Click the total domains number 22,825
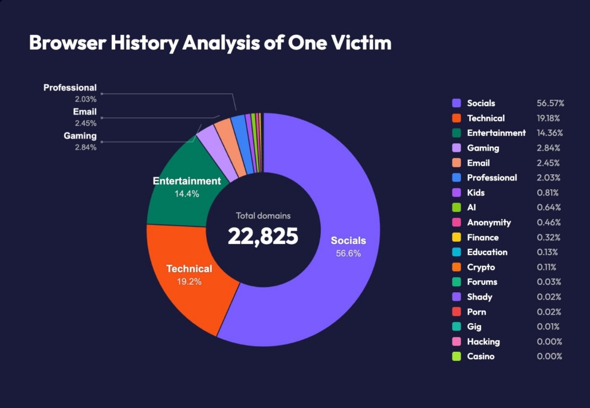tap(263, 236)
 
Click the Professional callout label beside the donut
tap(70, 88)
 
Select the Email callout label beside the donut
tap(85, 112)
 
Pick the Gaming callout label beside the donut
tap(80, 136)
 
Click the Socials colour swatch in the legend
tap(457, 103)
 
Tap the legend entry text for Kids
tap(476, 193)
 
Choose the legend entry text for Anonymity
tap(489, 222)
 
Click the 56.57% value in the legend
tap(550, 103)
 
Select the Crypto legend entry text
tap(481, 267)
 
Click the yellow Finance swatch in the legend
tap(457, 237)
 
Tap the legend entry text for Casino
tap(481, 356)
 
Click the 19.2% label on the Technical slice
tap(189, 281)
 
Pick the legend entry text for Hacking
tap(483, 342)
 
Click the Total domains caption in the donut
tap(263, 216)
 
